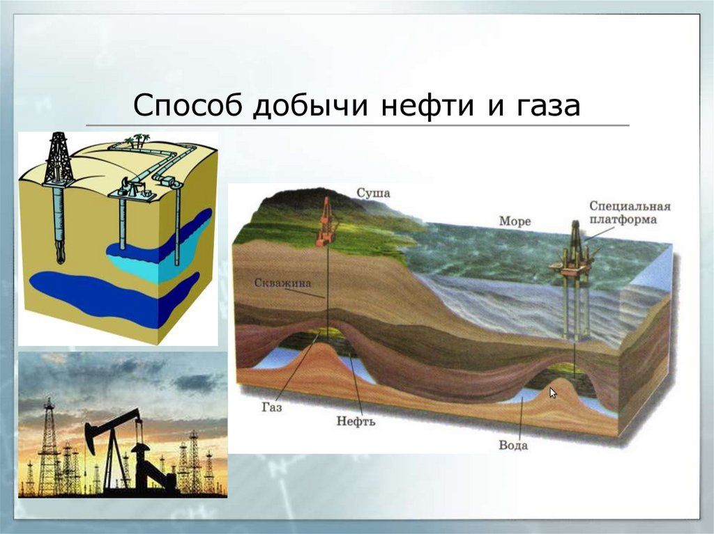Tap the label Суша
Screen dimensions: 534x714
(x=374, y=194)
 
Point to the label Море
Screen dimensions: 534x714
(x=515, y=221)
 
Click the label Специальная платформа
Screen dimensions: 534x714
(x=630, y=212)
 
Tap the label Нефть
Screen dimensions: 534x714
(x=356, y=421)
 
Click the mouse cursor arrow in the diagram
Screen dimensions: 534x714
(x=554, y=393)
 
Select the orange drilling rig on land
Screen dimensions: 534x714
(x=326, y=223)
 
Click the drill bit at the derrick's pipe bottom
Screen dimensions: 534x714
(x=60, y=257)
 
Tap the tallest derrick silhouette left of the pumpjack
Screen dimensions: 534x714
(x=48, y=446)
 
